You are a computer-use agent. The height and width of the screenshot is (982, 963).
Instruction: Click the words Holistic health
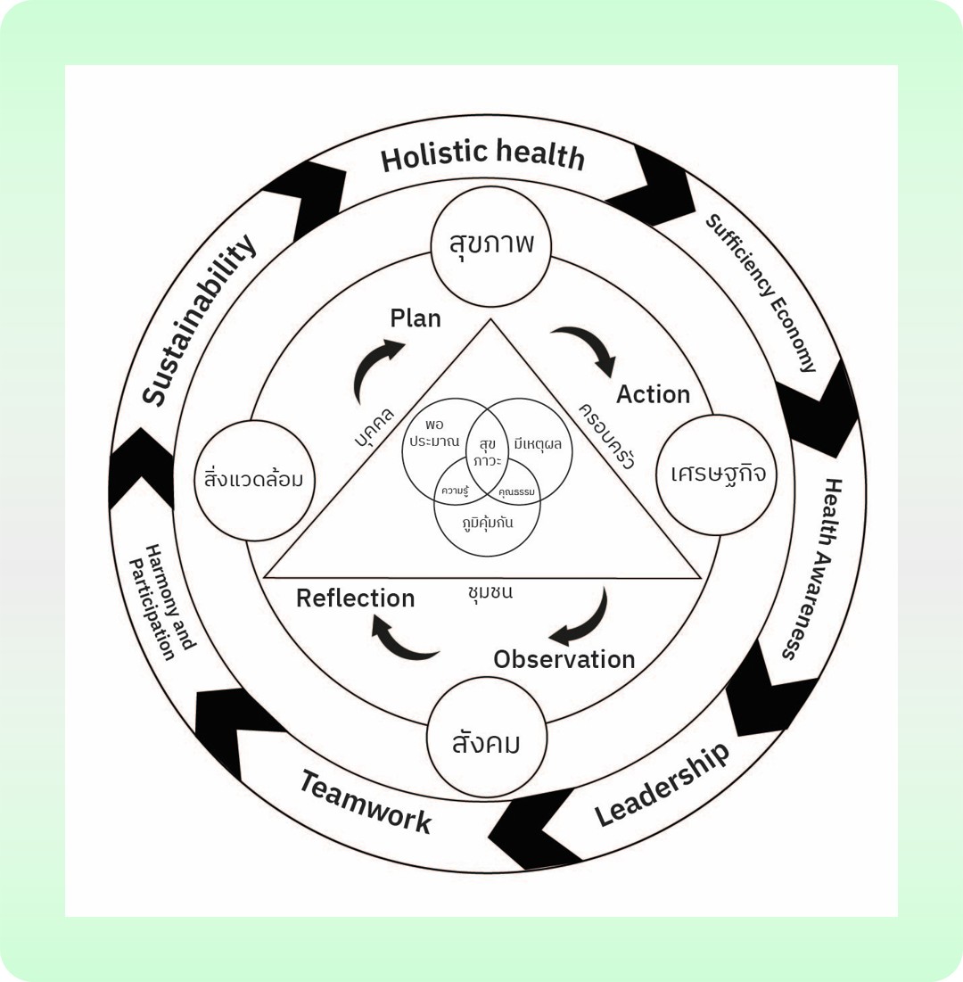[x=482, y=156]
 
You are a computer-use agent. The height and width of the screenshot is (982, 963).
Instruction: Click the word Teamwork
[x=365, y=801]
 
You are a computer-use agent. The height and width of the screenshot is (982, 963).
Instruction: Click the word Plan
[x=416, y=318]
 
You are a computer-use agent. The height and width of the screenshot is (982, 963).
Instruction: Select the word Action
[x=653, y=394]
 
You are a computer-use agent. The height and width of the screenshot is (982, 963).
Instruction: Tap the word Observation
[x=564, y=659]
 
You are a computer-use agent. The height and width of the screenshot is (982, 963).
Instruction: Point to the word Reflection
[x=355, y=598]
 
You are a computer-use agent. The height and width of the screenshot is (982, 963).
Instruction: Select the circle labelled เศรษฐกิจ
[x=717, y=474]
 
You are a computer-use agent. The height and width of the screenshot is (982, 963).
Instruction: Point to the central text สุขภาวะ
[x=489, y=451]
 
